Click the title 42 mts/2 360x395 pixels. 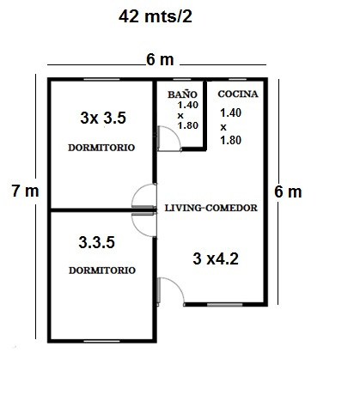pyautogui.click(x=156, y=16)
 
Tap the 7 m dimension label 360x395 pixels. pyautogui.click(x=25, y=191)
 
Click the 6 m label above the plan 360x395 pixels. pyautogui.click(x=160, y=60)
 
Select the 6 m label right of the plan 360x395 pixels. pyautogui.click(x=288, y=191)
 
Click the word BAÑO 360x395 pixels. pyautogui.click(x=182, y=94)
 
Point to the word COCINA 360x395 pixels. pyautogui.click(x=238, y=94)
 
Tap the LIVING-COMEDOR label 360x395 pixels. pyautogui.click(x=211, y=208)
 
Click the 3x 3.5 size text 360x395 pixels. pyautogui.click(x=103, y=118)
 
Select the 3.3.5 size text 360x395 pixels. pyautogui.click(x=97, y=242)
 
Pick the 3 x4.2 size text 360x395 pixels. pyautogui.click(x=216, y=258)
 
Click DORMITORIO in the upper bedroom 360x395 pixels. pyautogui.click(x=101, y=148)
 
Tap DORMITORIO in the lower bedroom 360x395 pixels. pyautogui.click(x=102, y=270)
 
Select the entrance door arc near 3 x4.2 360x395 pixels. pyautogui.click(x=178, y=285)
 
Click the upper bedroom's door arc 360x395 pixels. pyautogui.click(x=138, y=191)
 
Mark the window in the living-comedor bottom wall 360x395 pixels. pyautogui.click(x=225, y=305)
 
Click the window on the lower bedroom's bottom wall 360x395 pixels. pyautogui.click(x=101, y=341)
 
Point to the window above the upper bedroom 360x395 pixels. pyautogui.click(x=101, y=79)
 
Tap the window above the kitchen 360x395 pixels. pyautogui.click(x=238, y=79)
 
